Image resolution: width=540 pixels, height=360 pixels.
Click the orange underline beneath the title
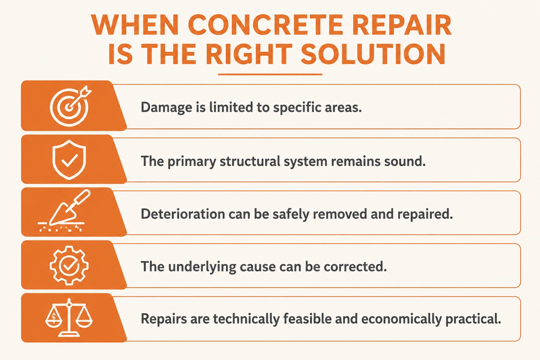(x=270, y=74)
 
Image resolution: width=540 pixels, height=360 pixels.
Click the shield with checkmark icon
(x=69, y=160)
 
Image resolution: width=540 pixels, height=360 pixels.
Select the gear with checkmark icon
(x=69, y=265)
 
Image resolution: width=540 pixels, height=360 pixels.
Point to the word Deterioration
(x=183, y=214)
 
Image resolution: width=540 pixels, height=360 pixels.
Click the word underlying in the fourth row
(x=202, y=267)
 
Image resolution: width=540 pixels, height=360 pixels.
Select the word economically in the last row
(x=401, y=319)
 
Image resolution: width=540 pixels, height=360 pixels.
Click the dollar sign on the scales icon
(x=54, y=317)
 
